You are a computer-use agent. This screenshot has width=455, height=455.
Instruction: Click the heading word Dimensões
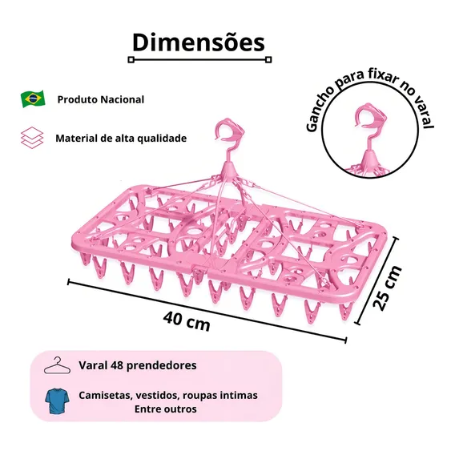click(x=199, y=42)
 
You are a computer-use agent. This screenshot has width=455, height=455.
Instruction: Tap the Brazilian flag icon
click(x=33, y=99)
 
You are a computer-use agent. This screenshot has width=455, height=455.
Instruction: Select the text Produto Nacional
click(x=101, y=99)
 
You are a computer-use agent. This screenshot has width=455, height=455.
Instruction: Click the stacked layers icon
click(x=32, y=138)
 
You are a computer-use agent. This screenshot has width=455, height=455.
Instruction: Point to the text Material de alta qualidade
click(x=121, y=138)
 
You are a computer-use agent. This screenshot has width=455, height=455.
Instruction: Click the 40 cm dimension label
click(x=187, y=321)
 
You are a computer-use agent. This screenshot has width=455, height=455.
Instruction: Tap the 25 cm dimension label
click(x=387, y=288)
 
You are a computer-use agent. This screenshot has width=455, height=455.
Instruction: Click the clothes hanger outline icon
click(x=57, y=365)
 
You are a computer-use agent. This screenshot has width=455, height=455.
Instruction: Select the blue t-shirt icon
click(x=57, y=401)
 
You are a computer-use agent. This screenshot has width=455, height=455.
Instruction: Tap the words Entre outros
click(x=165, y=409)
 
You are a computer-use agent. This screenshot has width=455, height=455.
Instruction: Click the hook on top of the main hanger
click(x=229, y=132)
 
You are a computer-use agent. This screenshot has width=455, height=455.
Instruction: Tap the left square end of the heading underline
click(x=131, y=60)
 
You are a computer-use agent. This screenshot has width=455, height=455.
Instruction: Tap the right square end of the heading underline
click(x=268, y=60)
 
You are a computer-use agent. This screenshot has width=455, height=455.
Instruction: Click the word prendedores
click(x=162, y=365)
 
